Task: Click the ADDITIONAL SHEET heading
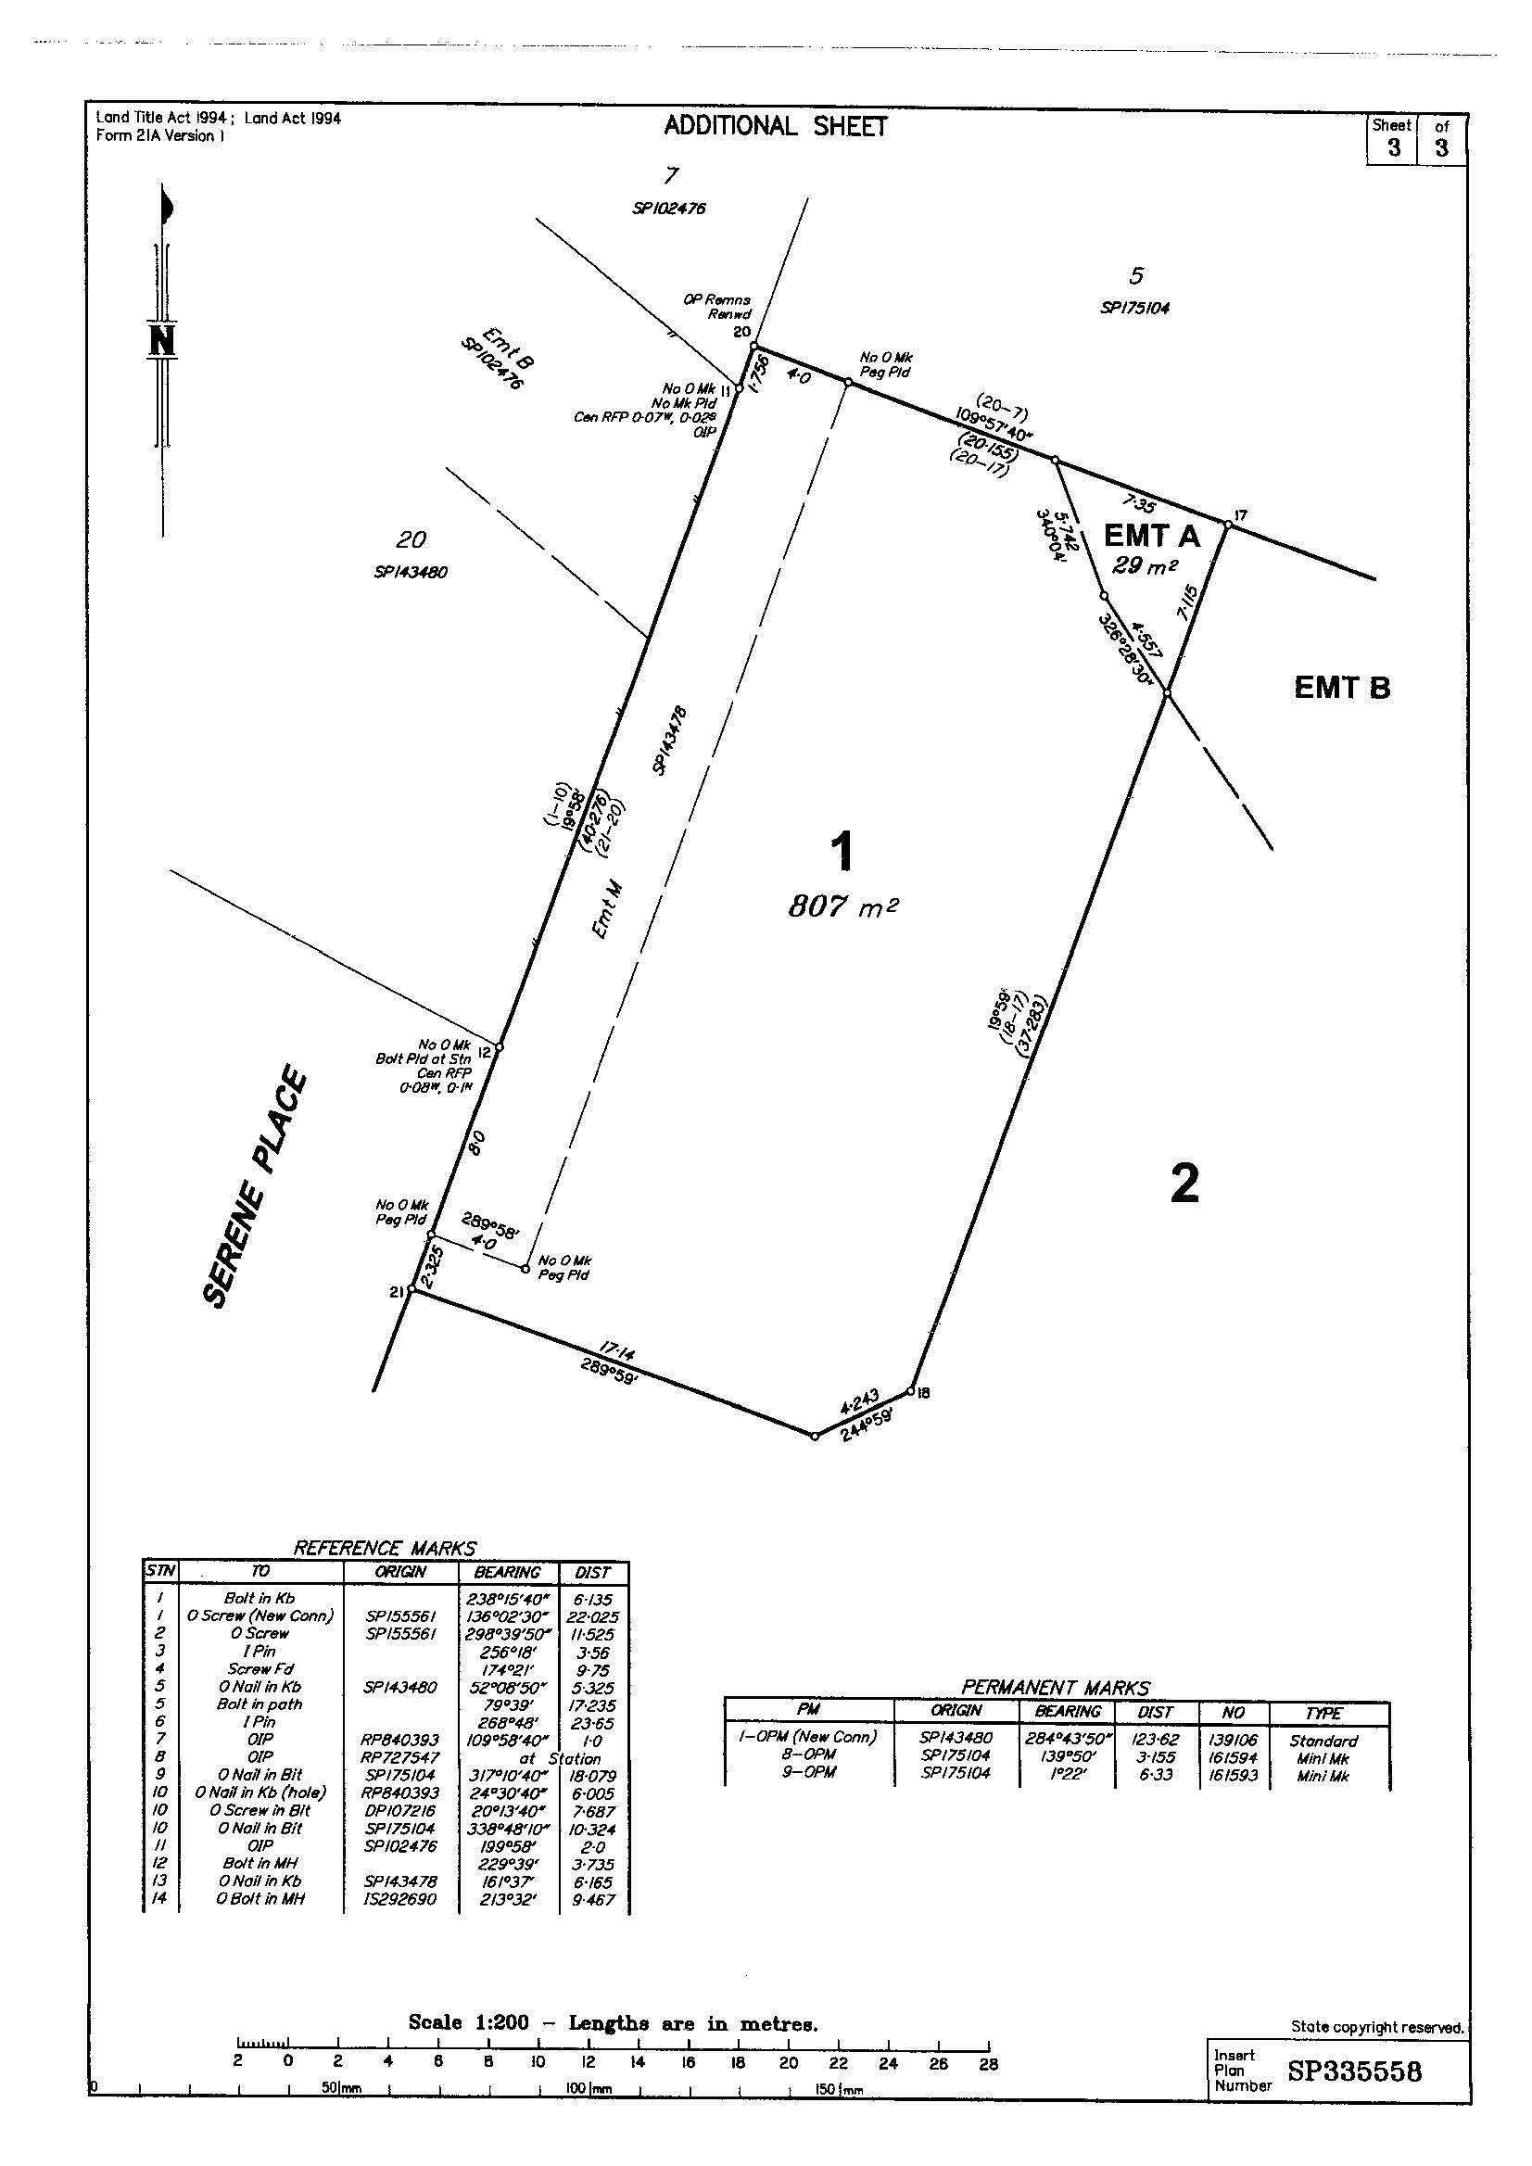(x=775, y=126)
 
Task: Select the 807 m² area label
(x=842, y=906)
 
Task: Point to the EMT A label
(x=1151, y=536)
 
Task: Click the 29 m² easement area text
(x=1146, y=566)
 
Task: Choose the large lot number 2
(x=1184, y=1183)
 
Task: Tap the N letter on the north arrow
(x=162, y=339)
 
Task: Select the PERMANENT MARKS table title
(x=1056, y=1688)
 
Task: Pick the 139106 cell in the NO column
(x=1233, y=1741)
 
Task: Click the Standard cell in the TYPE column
(x=1323, y=1741)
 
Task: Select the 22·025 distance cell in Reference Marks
(x=592, y=1616)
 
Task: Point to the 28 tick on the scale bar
(x=988, y=2063)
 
